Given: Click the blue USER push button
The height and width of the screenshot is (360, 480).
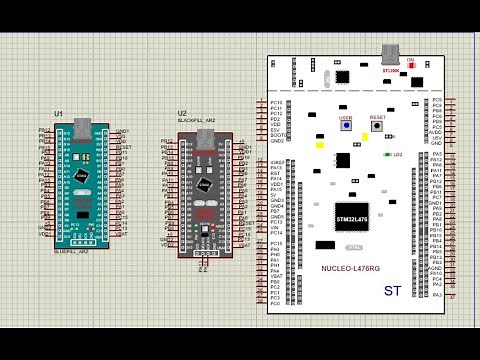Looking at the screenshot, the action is pos(346,127).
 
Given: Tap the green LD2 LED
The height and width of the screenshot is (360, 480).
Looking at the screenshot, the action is pos(388,155).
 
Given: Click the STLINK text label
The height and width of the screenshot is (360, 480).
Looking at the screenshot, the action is pos(390,71).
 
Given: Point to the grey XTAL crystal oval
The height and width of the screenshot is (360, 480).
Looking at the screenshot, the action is pos(353,247).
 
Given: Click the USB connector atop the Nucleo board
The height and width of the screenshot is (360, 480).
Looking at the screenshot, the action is pos(391,54).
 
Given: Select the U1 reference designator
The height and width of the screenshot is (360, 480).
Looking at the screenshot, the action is pos(59,114).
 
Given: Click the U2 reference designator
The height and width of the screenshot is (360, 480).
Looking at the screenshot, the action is pos(182,114).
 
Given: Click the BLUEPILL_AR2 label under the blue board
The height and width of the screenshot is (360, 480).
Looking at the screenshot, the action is pos(72,252).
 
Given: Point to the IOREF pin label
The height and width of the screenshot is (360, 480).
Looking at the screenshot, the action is pos(278,160).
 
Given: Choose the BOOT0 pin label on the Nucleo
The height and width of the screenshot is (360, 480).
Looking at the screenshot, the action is pos(277,136).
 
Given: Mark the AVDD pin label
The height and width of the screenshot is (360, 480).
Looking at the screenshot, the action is pos(435,131).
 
